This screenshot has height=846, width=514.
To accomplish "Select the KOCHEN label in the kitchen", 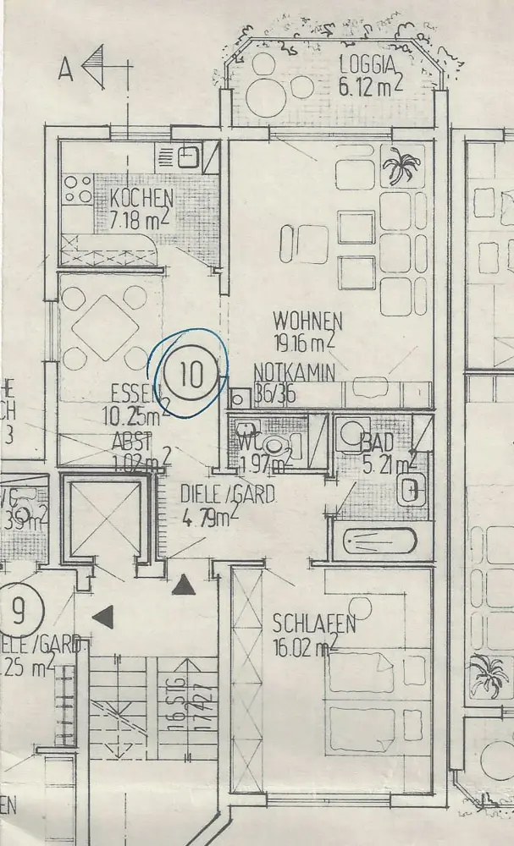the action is pyautogui.click(x=141, y=201).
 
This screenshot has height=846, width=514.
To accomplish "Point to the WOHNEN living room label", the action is pyautogui.click(x=307, y=321).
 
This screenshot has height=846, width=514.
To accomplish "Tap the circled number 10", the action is pyautogui.click(x=192, y=373).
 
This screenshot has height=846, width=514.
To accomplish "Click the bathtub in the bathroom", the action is pyautogui.click(x=379, y=541).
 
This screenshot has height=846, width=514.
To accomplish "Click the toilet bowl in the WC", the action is pyautogui.click(x=273, y=445).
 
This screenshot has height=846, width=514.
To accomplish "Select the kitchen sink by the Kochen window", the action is pyautogui.click(x=188, y=157).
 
